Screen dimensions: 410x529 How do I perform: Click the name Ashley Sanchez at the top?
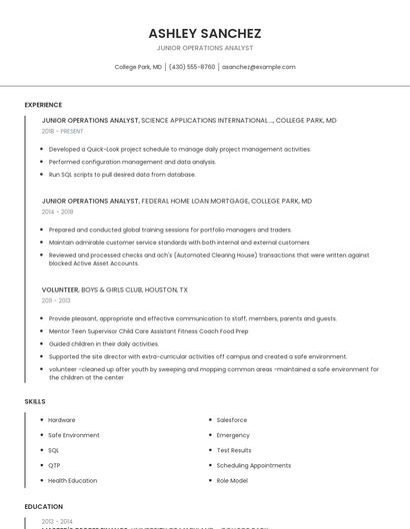[204, 33]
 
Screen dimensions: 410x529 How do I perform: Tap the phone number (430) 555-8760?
[192, 67]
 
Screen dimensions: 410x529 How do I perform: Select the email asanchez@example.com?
[258, 67]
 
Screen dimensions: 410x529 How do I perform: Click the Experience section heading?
[43, 105]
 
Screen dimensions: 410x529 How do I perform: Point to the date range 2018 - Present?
[62, 131]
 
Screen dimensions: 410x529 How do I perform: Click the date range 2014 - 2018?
[57, 212]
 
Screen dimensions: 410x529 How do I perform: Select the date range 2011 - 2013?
[56, 300]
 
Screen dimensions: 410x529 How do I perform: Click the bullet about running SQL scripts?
[122, 174]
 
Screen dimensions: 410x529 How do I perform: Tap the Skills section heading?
[35, 401]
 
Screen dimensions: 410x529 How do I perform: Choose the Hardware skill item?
[62, 420]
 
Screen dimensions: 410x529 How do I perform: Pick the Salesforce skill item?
[231, 420]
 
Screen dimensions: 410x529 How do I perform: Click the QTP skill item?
[55, 465]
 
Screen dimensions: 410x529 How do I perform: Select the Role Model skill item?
[232, 480]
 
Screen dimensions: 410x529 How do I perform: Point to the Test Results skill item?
[234, 450]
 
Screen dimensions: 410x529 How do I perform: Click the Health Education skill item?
[73, 480]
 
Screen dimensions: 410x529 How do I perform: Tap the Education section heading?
[43, 506]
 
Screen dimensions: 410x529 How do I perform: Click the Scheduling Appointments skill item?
[253, 465]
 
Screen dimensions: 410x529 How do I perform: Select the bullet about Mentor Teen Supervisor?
[148, 330]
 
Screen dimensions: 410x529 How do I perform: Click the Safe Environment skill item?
[74, 435]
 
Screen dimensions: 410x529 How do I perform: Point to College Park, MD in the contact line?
[138, 67]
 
